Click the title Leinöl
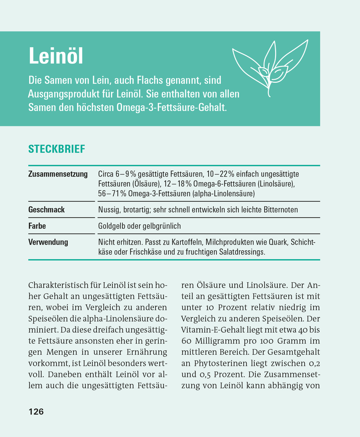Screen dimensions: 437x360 pyautogui.click(x=55, y=57)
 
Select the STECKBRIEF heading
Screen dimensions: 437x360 pyautogui.click(x=57, y=149)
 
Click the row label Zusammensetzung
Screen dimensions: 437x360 pyautogui.click(x=58, y=174)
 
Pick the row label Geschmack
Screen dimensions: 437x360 pyautogui.click(x=46, y=210)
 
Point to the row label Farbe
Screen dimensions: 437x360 pyautogui.click(x=37, y=226)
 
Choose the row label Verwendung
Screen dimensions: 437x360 pyautogui.click(x=48, y=242)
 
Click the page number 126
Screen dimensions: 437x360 pyautogui.click(x=36, y=412)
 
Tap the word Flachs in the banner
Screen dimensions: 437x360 pyautogui.click(x=142, y=80)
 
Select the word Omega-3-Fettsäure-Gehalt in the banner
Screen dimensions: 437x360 pyautogui.click(x=171, y=107)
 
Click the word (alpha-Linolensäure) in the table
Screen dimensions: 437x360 pyautogui.click(x=224, y=194)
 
